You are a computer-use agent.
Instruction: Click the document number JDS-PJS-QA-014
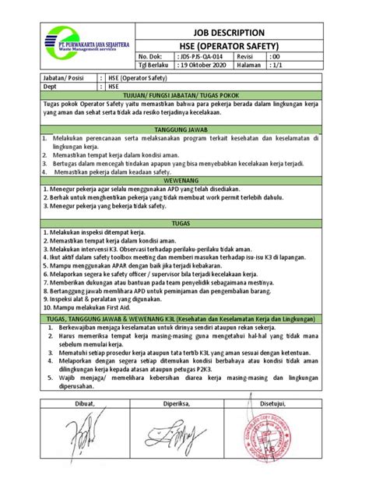coord(204,58)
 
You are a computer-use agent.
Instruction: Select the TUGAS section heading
coord(184,222)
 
